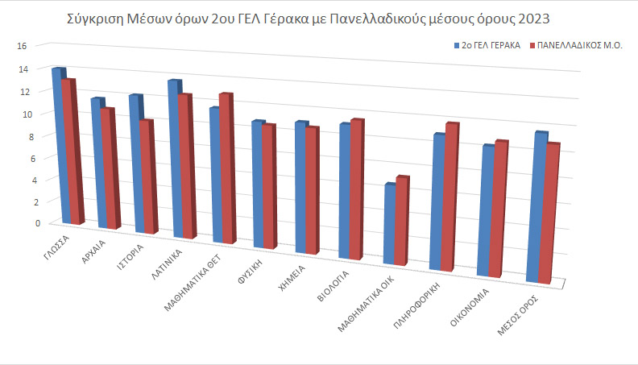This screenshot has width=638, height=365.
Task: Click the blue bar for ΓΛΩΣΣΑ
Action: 57,145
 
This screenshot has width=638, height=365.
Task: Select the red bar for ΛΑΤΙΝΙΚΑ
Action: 186,165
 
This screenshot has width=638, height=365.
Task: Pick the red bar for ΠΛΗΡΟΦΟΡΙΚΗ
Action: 452,197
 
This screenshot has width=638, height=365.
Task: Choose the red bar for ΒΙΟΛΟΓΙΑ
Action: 357,189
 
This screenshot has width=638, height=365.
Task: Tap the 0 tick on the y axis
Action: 25,223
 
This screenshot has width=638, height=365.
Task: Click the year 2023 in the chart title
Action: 556,18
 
